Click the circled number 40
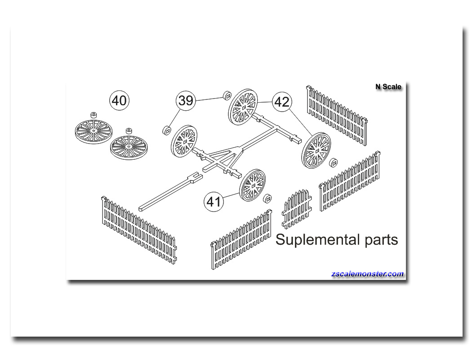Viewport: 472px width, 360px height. tap(119, 100)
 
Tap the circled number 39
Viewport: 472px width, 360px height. tap(186, 100)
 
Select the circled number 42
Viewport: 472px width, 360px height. tap(282, 102)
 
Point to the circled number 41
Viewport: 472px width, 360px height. tap(214, 202)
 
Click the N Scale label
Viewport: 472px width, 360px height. tap(388, 87)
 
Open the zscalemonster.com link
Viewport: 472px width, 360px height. tap(367, 274)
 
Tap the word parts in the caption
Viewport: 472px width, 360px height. tap(381, 241)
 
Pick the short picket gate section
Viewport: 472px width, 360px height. tap(297, 209)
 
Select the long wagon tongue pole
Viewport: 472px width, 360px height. tap(170, 191)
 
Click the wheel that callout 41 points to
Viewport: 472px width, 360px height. tap(253, 185)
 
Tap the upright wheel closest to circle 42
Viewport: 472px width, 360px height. tap(243, 107)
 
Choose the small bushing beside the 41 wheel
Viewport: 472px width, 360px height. tap(267, 198)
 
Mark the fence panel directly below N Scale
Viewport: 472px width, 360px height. tap(337, 116)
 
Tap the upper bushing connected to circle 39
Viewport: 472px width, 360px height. tap(227, 95)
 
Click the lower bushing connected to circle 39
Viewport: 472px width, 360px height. tap(166, 130)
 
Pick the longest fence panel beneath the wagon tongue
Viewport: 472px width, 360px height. tap(139, 230)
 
